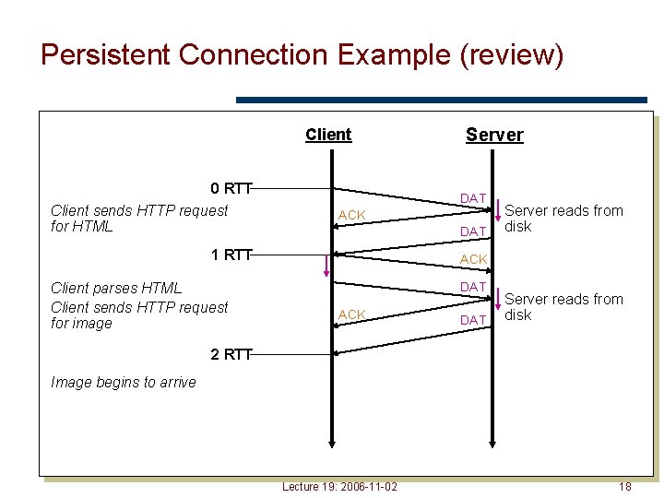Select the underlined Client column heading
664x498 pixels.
point(328,135)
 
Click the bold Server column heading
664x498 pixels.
point(494,135)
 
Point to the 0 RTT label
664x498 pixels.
point(231,189)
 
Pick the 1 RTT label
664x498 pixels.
point(231,255)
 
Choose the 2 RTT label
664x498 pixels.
point(231,355)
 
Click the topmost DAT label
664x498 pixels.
point(473,198)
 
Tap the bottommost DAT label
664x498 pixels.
point(473,320)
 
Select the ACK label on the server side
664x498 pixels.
point(473,259)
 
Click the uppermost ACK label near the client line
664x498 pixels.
point(351,215)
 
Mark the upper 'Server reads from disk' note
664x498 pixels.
point(563,219)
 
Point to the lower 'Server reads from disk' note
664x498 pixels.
point(563,307)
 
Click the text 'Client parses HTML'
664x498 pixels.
point(116,289)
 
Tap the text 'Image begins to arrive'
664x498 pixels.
point(124,383)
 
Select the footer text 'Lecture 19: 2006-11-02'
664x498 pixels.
point(339,486)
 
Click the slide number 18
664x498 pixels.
point(624,486)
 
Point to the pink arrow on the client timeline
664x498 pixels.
point(326,266)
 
